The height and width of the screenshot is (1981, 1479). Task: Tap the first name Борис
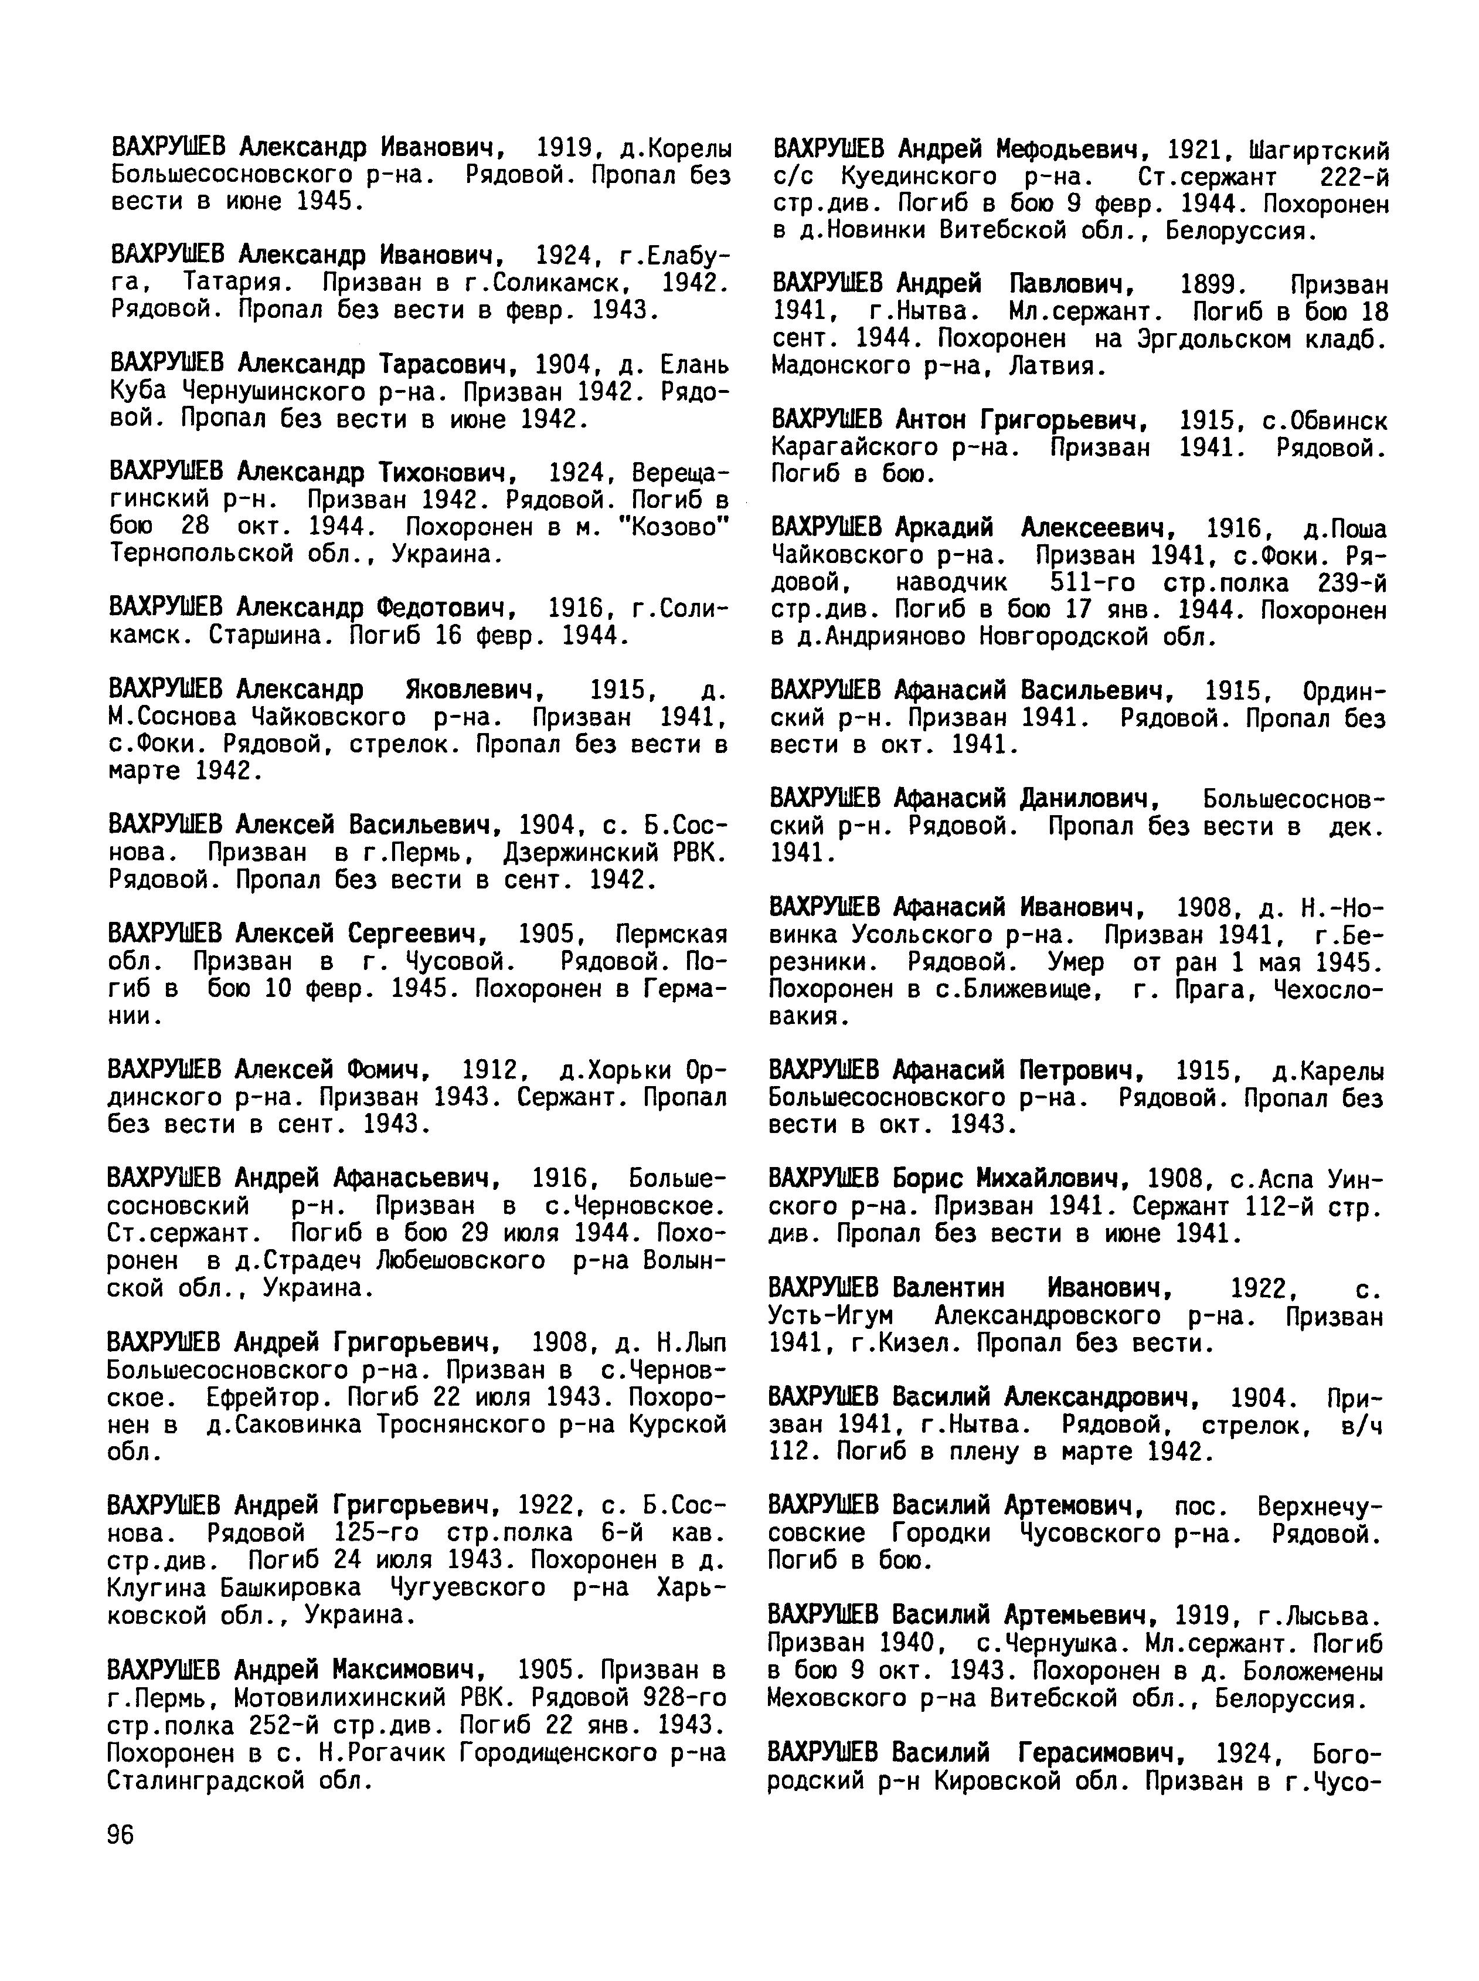[929, 1179]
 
